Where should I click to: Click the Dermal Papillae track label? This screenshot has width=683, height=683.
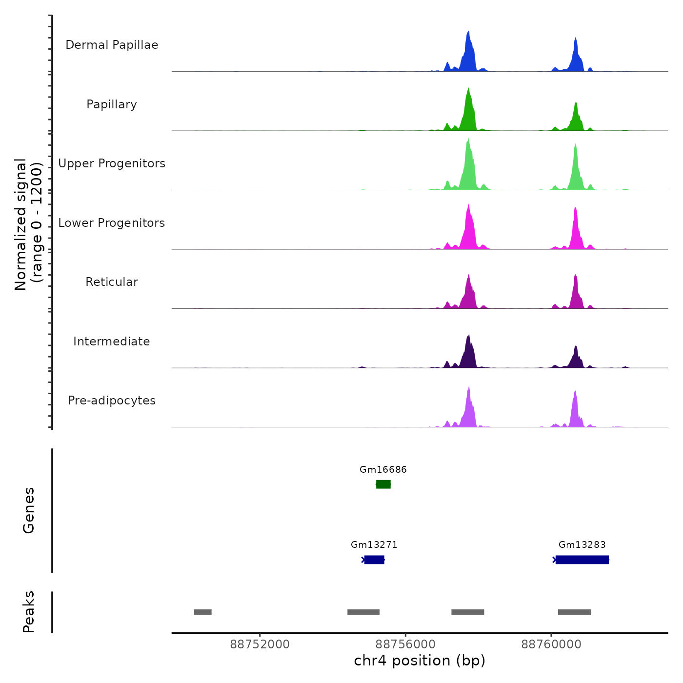coord(112,45)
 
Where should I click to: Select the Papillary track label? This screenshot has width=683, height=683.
coord(112,104)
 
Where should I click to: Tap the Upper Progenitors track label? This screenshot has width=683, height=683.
coord(112,163)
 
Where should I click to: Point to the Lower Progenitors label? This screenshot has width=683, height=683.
coord(112,223)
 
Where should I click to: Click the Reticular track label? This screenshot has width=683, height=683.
coord(112,282)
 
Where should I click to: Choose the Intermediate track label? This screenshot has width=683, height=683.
coord(112,341)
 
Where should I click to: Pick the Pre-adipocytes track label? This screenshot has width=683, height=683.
coord(112,401)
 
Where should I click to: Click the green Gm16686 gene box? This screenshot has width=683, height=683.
coord(383,484)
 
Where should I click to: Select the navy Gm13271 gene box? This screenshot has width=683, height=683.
coord(374,560)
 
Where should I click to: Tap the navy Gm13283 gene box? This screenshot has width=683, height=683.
coord(582,560)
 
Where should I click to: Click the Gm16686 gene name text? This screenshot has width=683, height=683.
coord(383,469)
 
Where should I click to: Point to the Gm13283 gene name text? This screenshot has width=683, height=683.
coord(582,544)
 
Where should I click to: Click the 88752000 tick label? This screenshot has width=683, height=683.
coord(260,644)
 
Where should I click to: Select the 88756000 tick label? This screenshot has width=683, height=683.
coord(405,644)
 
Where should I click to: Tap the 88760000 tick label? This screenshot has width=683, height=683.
coord(551,644)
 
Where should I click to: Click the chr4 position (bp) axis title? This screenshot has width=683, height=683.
coord(420,661)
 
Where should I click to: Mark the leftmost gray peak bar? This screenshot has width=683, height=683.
coord(203,612)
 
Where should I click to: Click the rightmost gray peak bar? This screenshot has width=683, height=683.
coord(574,612)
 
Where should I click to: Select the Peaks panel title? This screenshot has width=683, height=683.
coord(29,612)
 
